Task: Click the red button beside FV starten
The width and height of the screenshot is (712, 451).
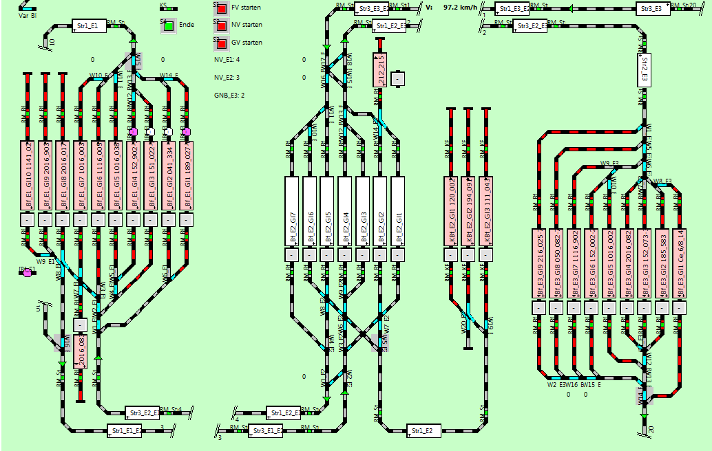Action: click(x=222, y=9)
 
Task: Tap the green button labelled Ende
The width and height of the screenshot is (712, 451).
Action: click(x=169, y=26)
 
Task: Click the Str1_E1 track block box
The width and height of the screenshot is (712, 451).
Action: click(x=89, y=26)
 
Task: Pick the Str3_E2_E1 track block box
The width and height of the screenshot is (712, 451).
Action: click(x=142, y=412)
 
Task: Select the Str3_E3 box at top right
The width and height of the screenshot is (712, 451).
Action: click(x=651, y=10)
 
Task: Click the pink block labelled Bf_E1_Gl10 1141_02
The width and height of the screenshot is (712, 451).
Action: click(x=28, y=175)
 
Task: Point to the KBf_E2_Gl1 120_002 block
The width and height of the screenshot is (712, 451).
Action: click(x=450, y=210)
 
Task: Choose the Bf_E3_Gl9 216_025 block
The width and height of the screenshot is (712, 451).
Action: click(x=540, y=262)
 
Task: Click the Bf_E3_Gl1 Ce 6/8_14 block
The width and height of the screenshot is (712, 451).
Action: click(x=680, y=262)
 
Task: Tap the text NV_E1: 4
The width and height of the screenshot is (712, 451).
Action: click(x=227, y=60)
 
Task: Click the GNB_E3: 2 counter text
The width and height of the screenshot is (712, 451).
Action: click(x=229, y=95)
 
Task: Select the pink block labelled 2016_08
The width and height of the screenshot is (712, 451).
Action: click(x=80, y=351)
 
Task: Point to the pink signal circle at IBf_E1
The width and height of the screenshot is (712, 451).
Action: click(x=28, y=273)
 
